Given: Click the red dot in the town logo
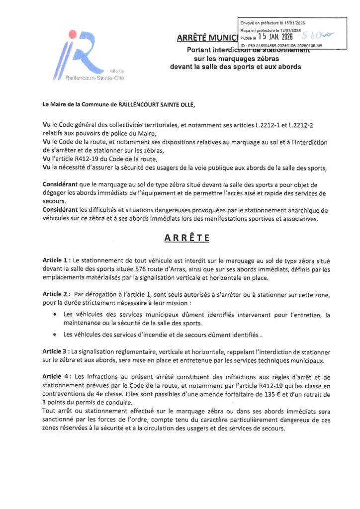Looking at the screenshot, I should coord(74,34).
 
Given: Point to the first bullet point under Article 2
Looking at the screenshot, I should coord(54,315).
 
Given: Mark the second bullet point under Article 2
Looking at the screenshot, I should coord(54,334).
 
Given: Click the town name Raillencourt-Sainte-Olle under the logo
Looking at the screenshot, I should coord(95,78).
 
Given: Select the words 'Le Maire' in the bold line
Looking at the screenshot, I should coord(56,105).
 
